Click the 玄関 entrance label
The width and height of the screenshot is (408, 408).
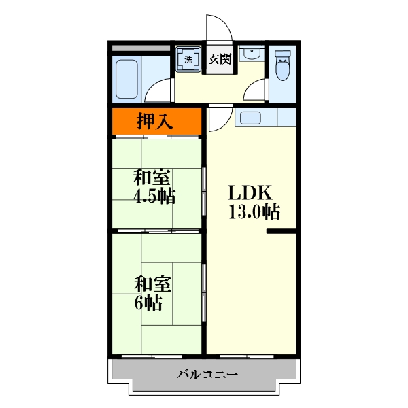click(x=220, y=58)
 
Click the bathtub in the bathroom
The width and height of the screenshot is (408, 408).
click(x=126, y=80)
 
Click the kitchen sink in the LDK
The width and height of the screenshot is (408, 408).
click(x=250, y=117)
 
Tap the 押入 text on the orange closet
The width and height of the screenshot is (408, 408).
click(x=155, y=122)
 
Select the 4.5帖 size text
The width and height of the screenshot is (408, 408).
click(x=155, y=198)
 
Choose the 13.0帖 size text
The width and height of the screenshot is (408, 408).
click(x=254, y=212)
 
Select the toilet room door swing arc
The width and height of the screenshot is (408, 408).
click(x=256, y=90)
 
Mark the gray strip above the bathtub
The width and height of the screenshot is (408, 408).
click(x=140, y=48)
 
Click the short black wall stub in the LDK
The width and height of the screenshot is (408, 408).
click(x=281, y=233)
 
